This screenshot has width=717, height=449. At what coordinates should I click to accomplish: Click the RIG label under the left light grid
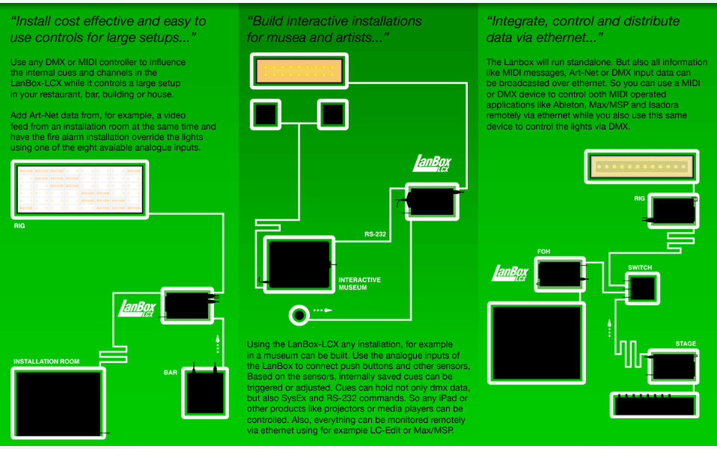(x=20, y=224)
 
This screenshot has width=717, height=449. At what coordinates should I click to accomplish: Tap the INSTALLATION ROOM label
(x=46, y=361)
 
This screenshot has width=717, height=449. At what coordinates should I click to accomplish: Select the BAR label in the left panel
(x=171, y=372)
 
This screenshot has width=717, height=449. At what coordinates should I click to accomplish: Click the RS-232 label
(x=375, y=234)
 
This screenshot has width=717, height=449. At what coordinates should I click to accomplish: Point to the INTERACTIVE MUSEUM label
(x=359, y=284)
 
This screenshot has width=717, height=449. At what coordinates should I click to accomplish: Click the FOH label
(x=544, y=251)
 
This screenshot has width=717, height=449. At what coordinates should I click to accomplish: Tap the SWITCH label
(x=639, y=267)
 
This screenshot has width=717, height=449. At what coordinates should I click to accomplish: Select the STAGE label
(x=686, y=344)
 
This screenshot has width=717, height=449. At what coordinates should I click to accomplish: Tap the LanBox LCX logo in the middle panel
(x=433, y=165)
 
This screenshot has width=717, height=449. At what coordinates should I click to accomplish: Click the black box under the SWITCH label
(x=641, y=287)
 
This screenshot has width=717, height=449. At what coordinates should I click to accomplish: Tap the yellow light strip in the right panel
(x=641, y=165)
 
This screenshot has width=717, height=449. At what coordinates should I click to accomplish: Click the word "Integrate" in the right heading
(x=521, y=21)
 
